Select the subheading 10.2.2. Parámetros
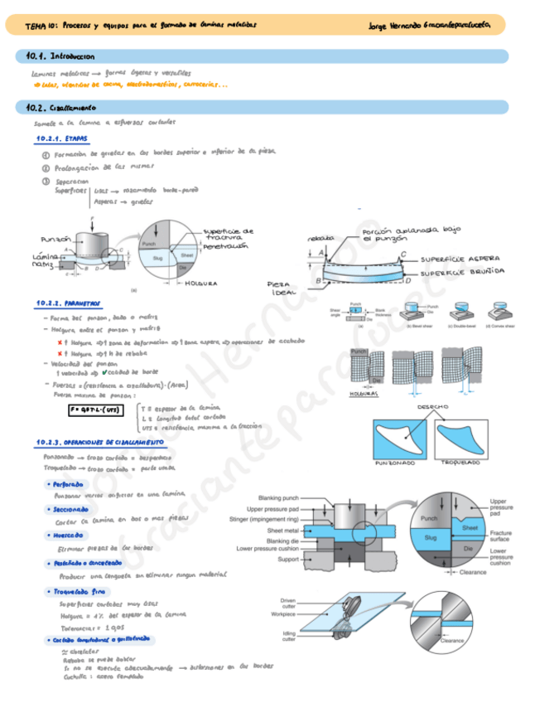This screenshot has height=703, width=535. (x=69, y=303)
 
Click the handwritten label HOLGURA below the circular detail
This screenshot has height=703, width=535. (x=201, y=284)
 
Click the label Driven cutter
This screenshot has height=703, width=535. (x=287, y=601)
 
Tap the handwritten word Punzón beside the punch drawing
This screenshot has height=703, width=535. (x=55, y=239)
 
